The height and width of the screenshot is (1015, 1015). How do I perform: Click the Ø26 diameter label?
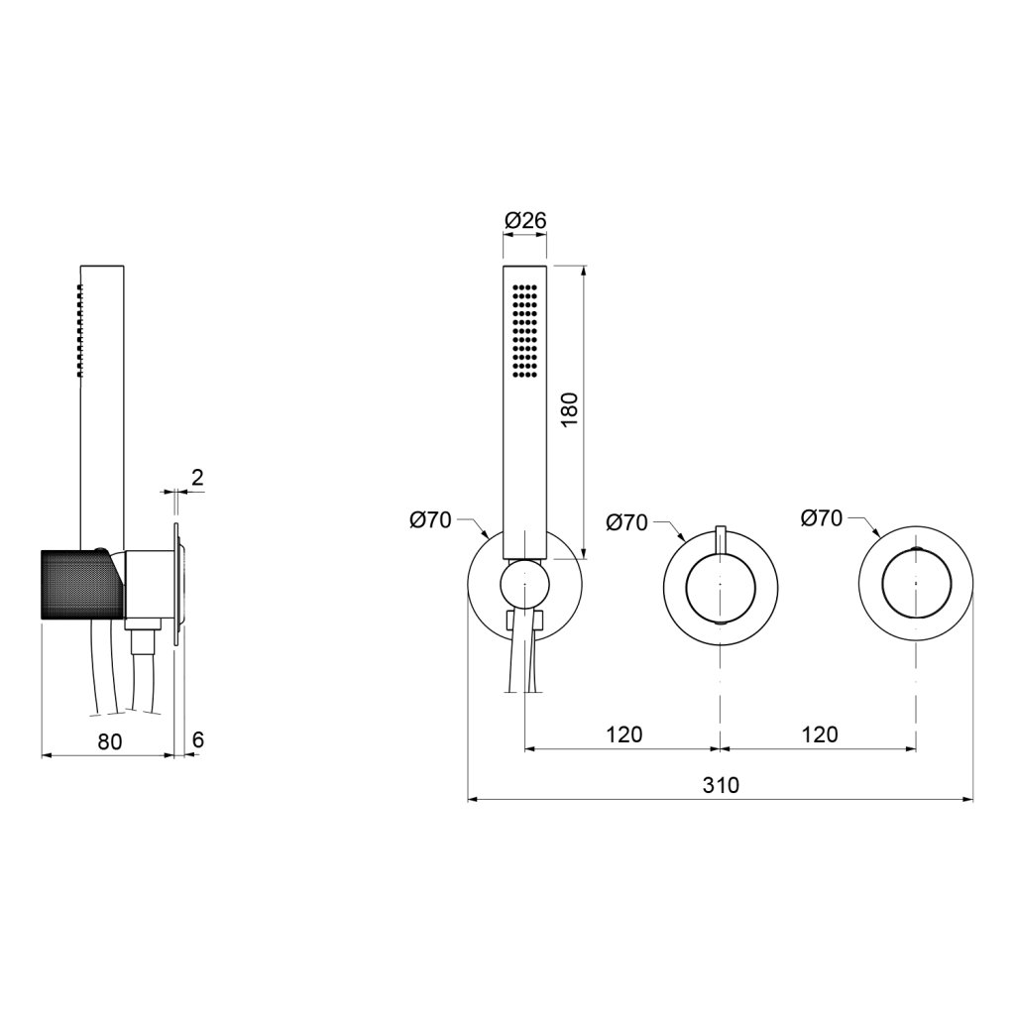coord(525,221)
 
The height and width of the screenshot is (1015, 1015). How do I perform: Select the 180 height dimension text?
coord(570,409)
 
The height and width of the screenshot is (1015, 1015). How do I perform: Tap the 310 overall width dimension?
coord(721,785)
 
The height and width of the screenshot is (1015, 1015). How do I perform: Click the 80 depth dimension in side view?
coord(109,741)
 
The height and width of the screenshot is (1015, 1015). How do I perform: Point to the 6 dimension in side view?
coord(198,739)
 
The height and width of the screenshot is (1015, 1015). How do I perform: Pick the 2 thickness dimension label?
coord(197,477)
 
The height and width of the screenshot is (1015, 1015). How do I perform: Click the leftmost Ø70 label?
coord(430,520)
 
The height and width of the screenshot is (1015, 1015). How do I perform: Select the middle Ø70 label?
coord(627,522)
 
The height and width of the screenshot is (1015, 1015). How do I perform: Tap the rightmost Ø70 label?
coord(822,517)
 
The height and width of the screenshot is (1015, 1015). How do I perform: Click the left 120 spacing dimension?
coord(624,734)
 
